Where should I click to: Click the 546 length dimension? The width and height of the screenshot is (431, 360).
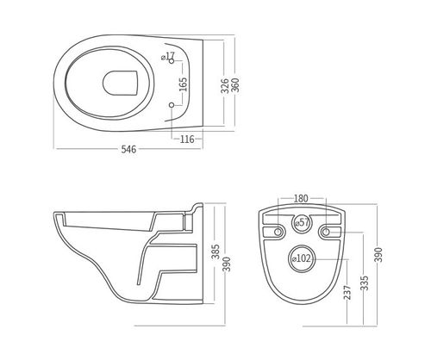pyautogui.click(x=128, y=149)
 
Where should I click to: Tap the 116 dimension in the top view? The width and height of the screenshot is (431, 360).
pyautogui.click(x=187, y=140)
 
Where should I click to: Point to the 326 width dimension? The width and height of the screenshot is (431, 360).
pyautogui.click(x=225, y=85)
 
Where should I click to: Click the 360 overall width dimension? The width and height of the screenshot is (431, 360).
pyautogui.click(x=235, y=85)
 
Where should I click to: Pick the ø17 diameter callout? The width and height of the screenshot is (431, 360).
pyautogui.click(x=168, y=56)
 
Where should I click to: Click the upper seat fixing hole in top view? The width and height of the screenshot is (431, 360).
pyautogui.click(x=172, y=61)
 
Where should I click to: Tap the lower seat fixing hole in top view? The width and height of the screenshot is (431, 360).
pyautogui.click(x=172, y=105)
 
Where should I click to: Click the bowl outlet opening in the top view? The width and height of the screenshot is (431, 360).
pyautogui.click(x=121, y=83)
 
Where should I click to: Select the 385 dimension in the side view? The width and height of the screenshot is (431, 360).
pyautogui.click(x=215, y=251)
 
